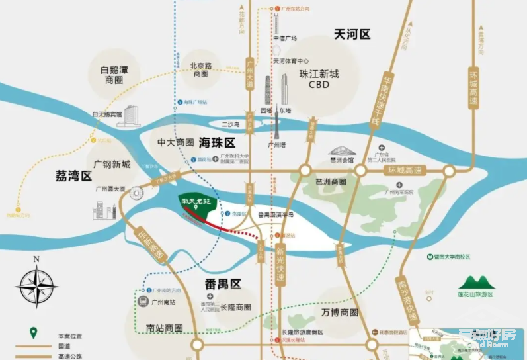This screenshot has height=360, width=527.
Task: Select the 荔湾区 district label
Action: tap(73, 177)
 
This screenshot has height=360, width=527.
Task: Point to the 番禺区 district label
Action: tap(219, 284)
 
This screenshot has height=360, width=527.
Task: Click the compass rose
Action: tap(36, 285)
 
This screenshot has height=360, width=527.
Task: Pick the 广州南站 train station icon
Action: tap(143, 302)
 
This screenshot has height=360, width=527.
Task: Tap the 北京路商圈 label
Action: tap(204, 70)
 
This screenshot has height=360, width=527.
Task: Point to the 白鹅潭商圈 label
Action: tap(112, 74)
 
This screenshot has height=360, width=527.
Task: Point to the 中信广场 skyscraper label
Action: tap(285, 38)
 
